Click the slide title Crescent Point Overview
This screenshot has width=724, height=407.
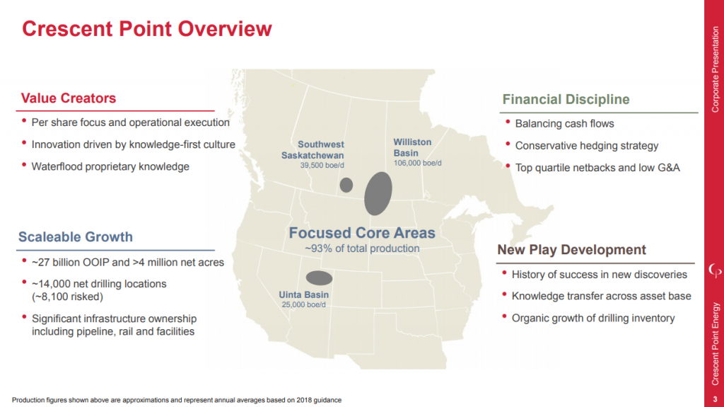[146, 28]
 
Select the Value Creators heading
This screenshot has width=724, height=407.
[69, 98]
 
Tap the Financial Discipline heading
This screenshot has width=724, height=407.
[566, 99]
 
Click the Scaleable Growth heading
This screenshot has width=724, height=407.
[76, 236]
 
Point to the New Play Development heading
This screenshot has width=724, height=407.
[571, 250]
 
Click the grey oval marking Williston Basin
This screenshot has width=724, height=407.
[378, 193]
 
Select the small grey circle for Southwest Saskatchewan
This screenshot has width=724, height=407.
[346, 185]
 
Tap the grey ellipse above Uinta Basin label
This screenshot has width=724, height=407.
[319, 277]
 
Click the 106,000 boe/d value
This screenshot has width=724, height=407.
[417, 163]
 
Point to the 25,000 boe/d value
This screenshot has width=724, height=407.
[304, 305]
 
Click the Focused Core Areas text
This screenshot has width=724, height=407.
[362, 232]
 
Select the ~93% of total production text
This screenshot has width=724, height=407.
[362, 248]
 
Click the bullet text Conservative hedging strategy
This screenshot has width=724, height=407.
[586, 146]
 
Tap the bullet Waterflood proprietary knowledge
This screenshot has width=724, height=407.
[110, 166]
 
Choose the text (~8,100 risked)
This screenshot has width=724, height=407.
[68, 296]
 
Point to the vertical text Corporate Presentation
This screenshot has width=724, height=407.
[714, 68]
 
